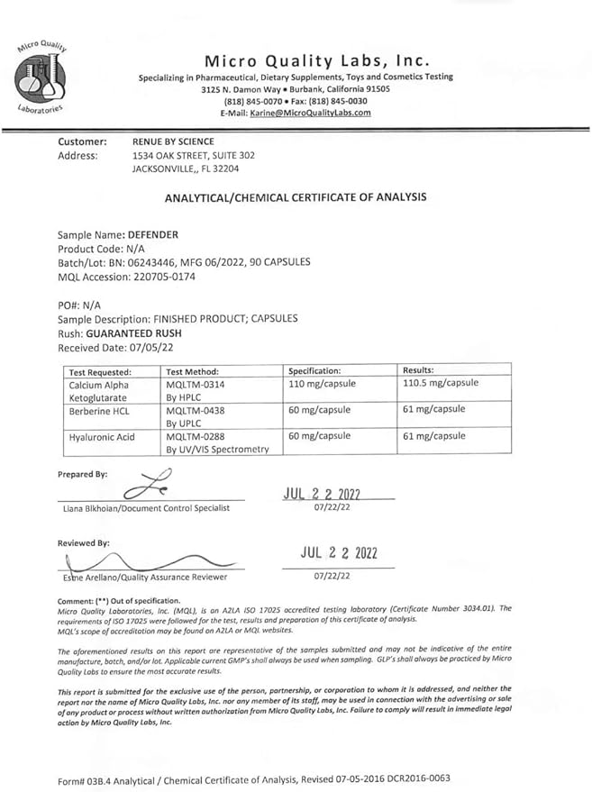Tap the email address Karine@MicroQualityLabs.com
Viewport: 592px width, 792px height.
click(x=309, y=113)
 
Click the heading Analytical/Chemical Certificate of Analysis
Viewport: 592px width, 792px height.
click(x=296, y=197)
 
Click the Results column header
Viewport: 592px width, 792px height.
click(x=418, y=370)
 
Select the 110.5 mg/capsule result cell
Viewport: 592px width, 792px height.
click(x=440, y=384)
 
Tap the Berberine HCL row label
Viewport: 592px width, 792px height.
click(x=104, y=410)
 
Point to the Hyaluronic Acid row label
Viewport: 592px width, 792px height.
click(x=102, y=437)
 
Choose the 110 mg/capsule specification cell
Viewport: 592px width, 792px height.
click(x=322, y=384)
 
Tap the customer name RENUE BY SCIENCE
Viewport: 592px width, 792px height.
click(x=173, y=141)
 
